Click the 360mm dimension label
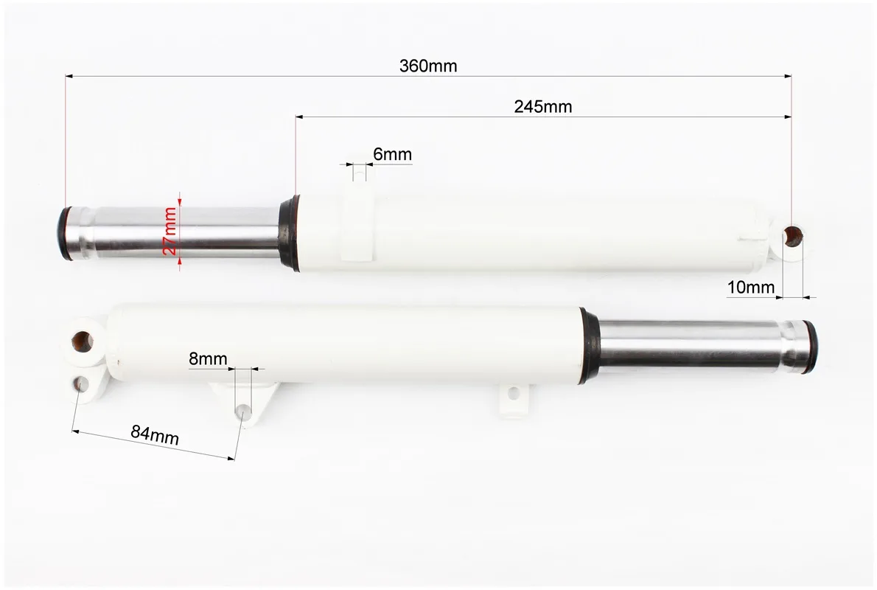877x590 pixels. click(x=428, y=66)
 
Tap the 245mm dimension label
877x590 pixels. click(x=543, y=106)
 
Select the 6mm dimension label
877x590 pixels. click(x=393, y=154)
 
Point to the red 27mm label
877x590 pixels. click(x=170, y=231)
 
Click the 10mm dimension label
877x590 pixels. click(x=751, y=288)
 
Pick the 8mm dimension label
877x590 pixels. click(x=208, y=359)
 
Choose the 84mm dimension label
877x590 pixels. click(x=155, y=434)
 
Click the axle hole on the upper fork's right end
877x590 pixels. click(x=793, y=237)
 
